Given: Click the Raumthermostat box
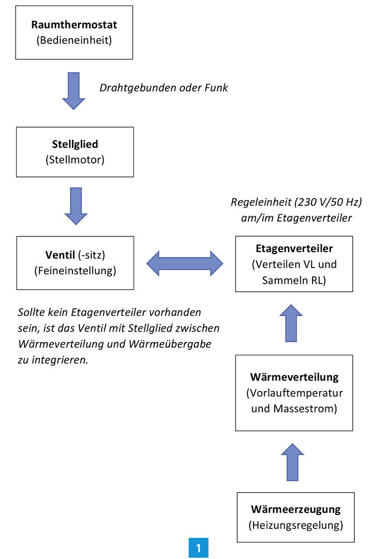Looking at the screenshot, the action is point(74,32).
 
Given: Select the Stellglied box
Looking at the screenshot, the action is point(75,152).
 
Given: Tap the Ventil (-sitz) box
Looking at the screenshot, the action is point(75,263).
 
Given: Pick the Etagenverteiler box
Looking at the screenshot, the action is point(294,264).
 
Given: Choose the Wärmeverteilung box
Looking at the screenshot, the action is point(294,393).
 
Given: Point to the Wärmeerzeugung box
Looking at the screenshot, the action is point(296,517).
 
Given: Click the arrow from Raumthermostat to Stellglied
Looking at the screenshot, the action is point(74,91).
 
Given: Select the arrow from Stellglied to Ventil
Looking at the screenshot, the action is point(76,206).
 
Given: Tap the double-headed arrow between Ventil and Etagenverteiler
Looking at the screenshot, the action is point(184,264).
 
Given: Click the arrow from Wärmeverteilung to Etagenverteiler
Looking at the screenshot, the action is point(291,323).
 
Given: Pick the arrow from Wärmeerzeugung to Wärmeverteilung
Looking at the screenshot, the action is point(292,462).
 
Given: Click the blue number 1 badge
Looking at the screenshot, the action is point(198,548).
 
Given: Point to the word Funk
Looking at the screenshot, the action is point(216,88).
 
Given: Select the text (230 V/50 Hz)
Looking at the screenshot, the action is point(328,202).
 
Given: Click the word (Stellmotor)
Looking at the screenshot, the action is point(75,160).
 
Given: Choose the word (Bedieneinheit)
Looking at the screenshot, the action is point(74,40).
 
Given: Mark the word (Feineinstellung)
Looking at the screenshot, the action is point(75,270).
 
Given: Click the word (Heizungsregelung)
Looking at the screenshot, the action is point(296,525).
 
